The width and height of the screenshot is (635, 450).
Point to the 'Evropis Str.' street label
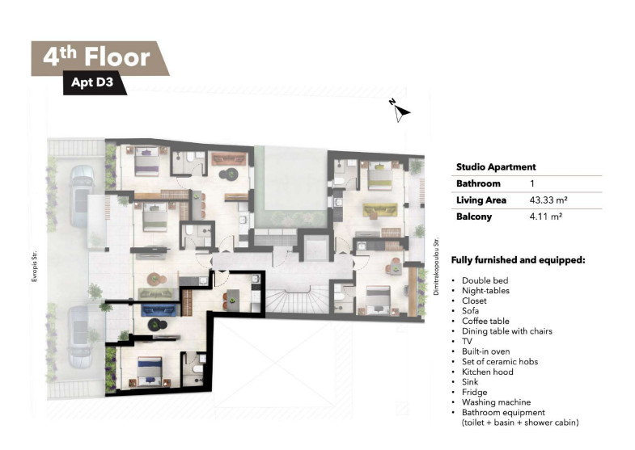pos(35,266)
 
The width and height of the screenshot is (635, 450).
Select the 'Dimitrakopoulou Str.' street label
pos(436,267)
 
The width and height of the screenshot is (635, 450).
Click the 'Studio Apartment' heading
pos(496,167)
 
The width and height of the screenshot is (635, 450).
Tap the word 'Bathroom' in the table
pos(478,183)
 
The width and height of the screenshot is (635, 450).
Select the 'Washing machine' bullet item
pos(496,402)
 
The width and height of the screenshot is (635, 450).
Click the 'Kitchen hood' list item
pos(488,372)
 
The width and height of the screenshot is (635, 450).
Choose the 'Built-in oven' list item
pos(486,351)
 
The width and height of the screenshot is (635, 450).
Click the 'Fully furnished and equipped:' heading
pos(518,260)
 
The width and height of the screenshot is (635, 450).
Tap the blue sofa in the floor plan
pos(159,310)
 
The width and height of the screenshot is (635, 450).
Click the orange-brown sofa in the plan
pos(229,158)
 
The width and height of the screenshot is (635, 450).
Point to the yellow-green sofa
pos(380,210)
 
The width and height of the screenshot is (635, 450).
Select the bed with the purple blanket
pos(146,162)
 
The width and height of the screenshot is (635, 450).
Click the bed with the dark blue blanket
pos(150,372)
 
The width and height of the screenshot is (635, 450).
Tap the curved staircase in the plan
pos(297,298)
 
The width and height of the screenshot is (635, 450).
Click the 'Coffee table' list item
pos(485,321)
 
